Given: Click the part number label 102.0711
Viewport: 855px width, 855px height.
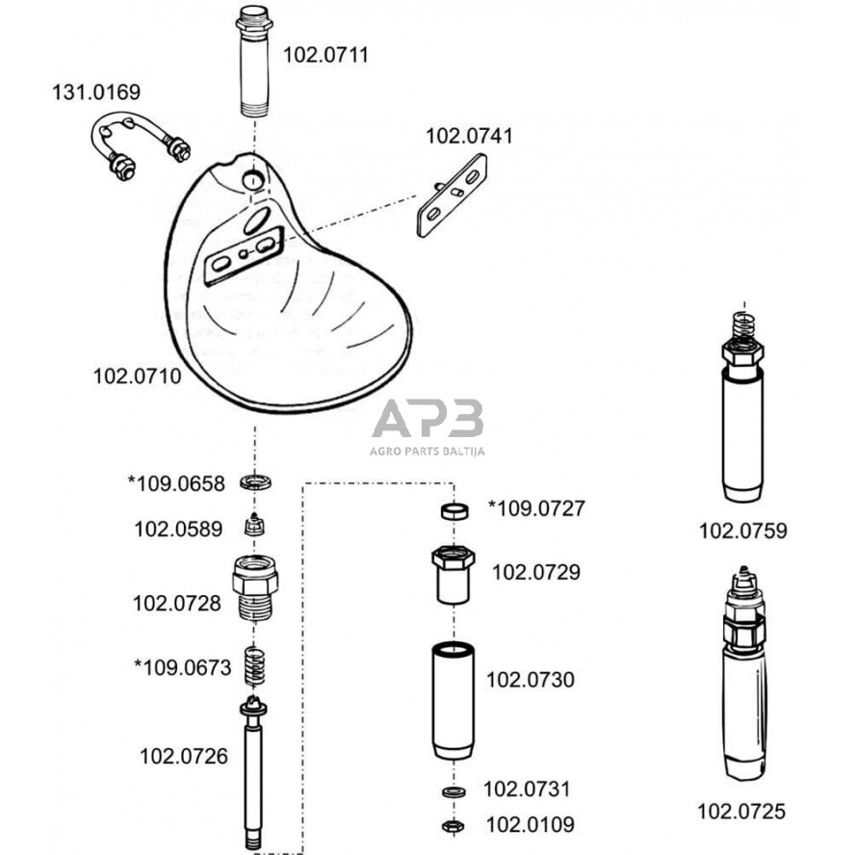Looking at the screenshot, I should pyautogui.click(x=324, y=56).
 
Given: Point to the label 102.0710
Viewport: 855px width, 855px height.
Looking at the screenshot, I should pyautogui.click(x=136, y=376).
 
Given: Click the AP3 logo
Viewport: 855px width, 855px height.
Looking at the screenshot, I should pyautogui.click(x=427, y=419).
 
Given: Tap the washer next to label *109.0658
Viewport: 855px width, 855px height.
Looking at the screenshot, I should pyautogui.click(x=255, y=481).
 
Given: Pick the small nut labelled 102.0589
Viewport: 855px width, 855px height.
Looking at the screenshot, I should pyautogui.click(x=255, y=526).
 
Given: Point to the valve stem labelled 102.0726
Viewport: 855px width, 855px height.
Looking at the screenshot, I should pyautogui.click(x=255, y=770).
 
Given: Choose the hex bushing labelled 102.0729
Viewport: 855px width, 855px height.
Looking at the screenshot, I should pyautogui.click(x=453, y=573).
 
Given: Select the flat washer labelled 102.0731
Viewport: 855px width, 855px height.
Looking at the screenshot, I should pyautogui.click(x=453, y=790).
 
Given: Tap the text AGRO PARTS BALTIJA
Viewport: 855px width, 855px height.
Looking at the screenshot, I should pyautogui.click(x=427, y=451).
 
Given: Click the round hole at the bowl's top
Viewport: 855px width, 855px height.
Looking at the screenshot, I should pyautogui.click(x=251, y=180).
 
